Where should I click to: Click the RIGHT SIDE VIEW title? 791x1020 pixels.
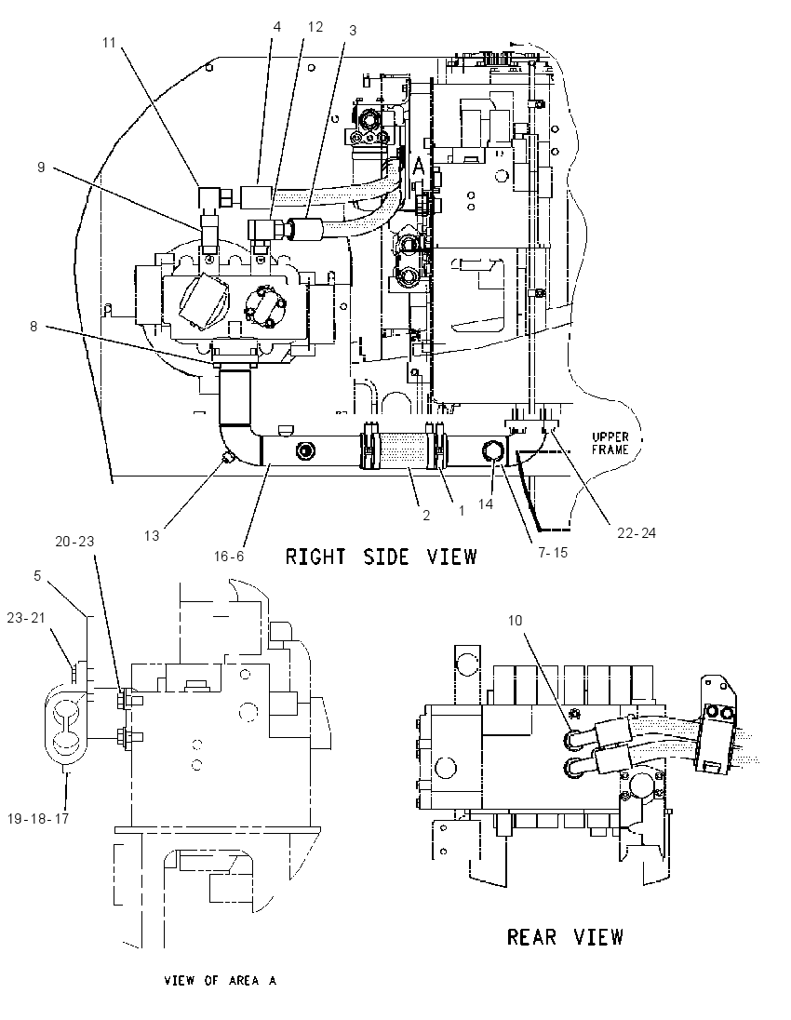tap(382, 557)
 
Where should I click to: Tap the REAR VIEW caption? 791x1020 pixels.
tap(565, 937)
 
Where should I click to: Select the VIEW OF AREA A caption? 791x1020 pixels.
tap(221, 980)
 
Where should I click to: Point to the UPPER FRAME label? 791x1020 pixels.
tap(610, 443)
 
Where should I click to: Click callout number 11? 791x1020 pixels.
tap(109, 42)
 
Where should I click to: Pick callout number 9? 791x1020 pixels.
tap(41, 168)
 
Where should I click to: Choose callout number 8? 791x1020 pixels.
tap(34, 326)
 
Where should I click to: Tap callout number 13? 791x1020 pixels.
tap(152, 535)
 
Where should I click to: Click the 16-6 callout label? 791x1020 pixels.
tap(229, 557)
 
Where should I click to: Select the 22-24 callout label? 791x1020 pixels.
tap(637, 532)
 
